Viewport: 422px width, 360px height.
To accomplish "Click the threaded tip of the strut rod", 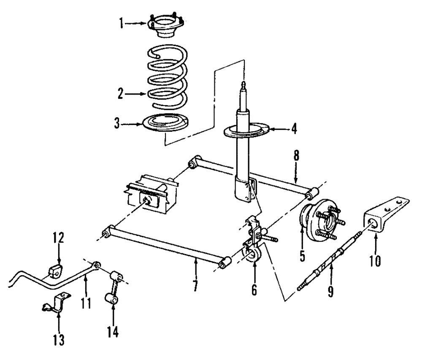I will coord(243,85).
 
